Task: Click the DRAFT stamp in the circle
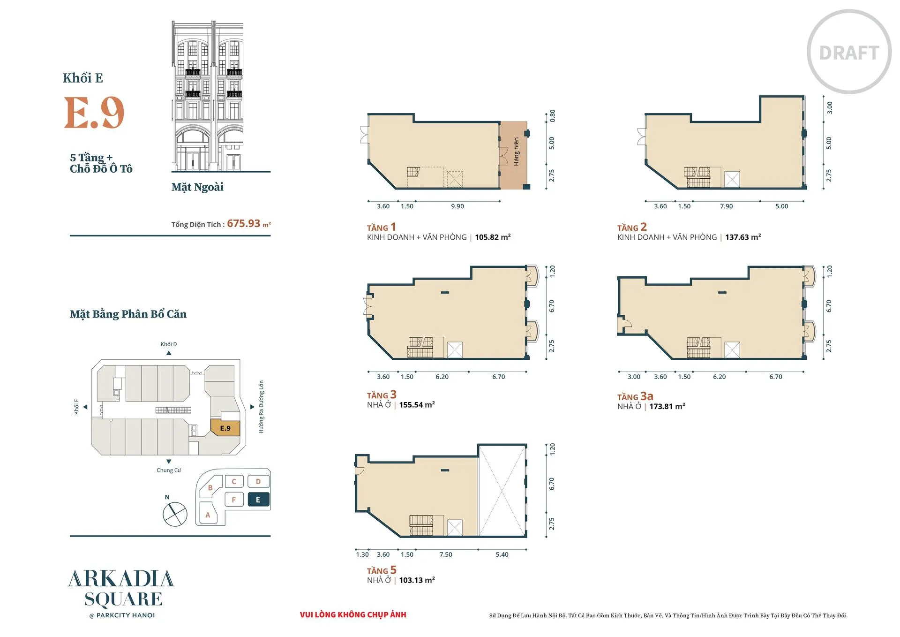click(849, 53)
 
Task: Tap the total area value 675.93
click(244, 223)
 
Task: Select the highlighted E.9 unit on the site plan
click(225, 428)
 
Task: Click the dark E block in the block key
click(258, 500)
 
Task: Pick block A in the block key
click(208, 515)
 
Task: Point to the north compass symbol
click(175, 514)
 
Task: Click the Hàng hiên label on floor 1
click(516, 152)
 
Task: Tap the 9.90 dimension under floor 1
click(457, 206)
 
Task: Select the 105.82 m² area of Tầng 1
click(493, 237)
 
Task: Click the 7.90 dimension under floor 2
click(726, 206)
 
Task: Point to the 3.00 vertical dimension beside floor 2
click(829, 108)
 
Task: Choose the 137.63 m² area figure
click(743, 237)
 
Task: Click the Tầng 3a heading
click(635, 396)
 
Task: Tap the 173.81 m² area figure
click(667, 407)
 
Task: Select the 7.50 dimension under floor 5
click(446, 554)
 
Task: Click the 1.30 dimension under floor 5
click(362, 554)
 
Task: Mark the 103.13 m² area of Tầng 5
click(417, 580)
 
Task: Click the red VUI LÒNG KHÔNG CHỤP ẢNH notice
click(353, 614)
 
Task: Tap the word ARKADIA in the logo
click(121, 579)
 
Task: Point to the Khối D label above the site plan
click(169, 344)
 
